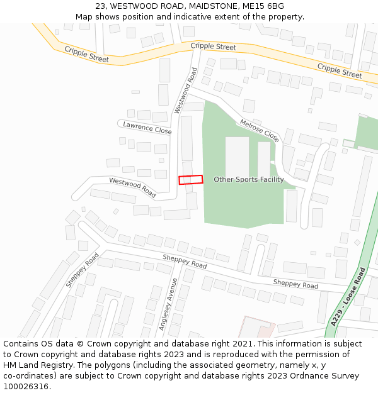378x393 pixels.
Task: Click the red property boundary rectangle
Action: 191,180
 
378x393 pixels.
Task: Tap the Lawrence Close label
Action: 147,128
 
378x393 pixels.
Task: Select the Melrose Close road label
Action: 259,130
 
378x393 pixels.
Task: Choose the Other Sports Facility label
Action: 248,180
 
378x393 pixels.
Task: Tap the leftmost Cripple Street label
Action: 86,54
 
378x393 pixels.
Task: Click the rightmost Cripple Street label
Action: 340,70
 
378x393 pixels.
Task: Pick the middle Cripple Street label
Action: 213,47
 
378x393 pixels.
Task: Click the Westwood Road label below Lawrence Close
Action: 132,187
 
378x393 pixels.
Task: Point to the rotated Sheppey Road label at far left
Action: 83,270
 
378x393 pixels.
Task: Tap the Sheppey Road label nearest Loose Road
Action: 295,285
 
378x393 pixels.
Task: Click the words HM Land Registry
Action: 35,365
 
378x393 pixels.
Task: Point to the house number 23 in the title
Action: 100,6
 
